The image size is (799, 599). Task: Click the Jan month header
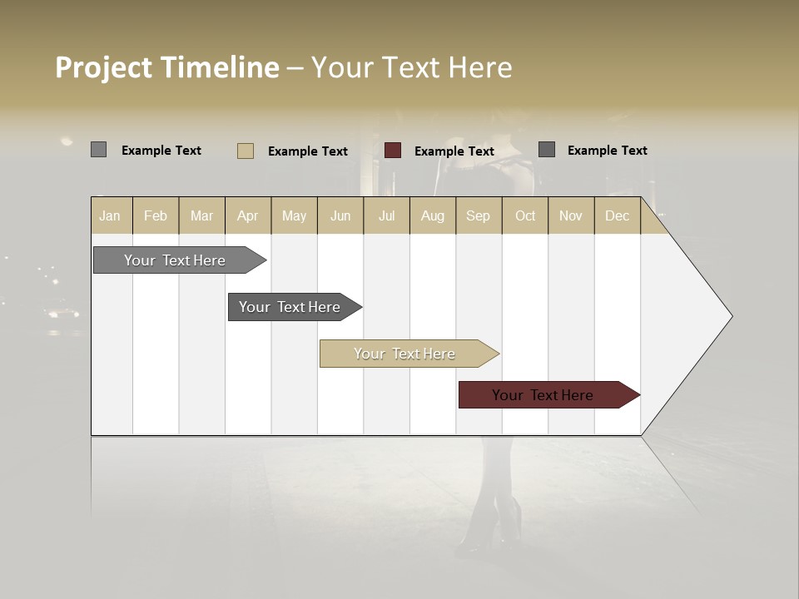[110, 215]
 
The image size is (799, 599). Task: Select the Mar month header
[201, 215]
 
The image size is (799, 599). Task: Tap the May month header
[294, 215]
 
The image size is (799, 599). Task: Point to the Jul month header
[386, 215]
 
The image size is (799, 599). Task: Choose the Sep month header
[478, 215]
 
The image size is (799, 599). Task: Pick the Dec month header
[617, 215]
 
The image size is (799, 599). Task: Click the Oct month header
[525, 215]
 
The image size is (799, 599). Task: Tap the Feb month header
[156, 215]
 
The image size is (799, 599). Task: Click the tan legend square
[245, 151]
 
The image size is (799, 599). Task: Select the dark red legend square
[393, 151]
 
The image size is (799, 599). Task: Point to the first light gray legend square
[98, 150]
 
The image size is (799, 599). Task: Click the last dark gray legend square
[546, 150]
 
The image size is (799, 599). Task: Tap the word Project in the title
[102, 67]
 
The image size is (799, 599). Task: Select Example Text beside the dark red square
[454, 151]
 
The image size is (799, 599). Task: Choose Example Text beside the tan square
[308, 151]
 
